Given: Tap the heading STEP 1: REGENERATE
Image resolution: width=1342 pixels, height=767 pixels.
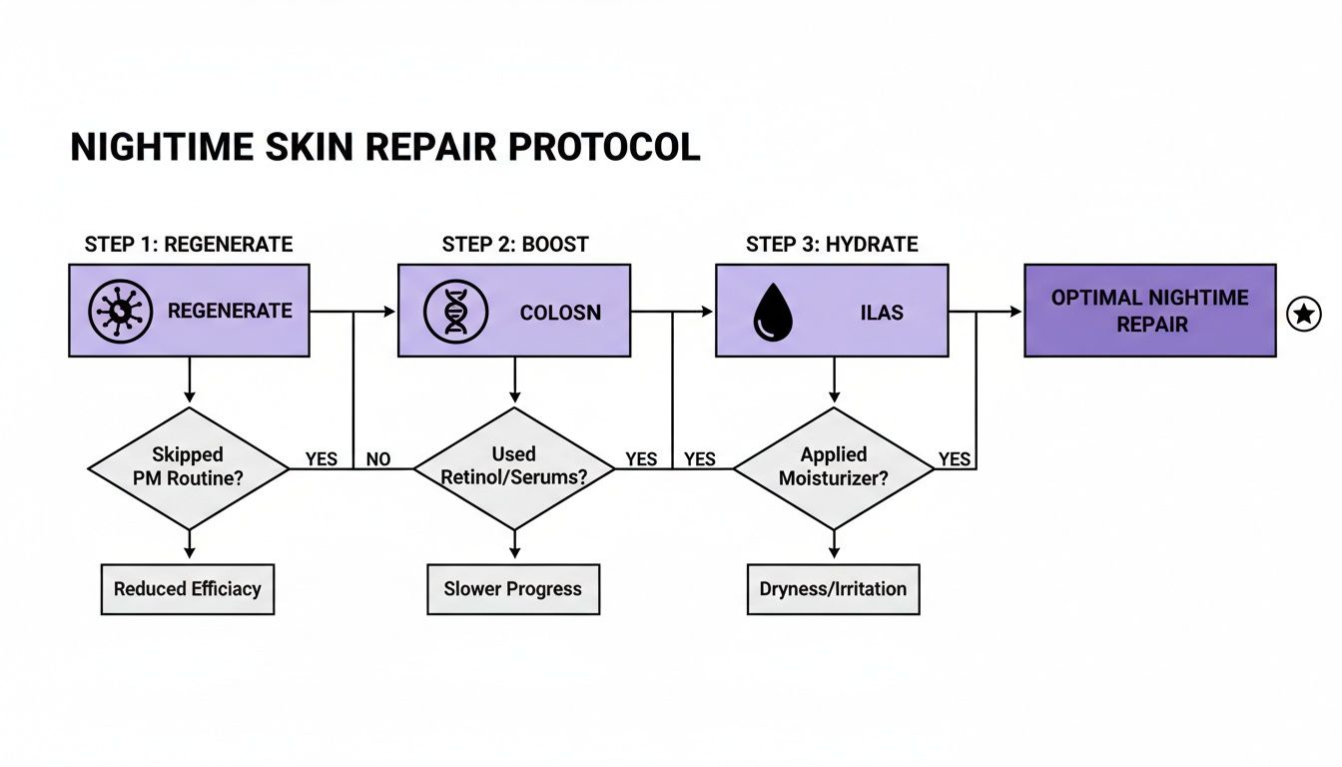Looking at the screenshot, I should (189, 245).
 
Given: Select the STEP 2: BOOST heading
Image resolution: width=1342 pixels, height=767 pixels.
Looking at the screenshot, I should (515, 245).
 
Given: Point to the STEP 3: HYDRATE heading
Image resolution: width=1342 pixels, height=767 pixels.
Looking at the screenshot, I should (832, 245).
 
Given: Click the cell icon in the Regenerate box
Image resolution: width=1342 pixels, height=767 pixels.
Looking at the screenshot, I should (120, 312).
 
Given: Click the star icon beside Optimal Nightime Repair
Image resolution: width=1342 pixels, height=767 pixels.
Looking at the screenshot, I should (1304, 314).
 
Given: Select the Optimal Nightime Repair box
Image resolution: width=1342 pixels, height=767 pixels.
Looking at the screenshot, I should (1149, 311).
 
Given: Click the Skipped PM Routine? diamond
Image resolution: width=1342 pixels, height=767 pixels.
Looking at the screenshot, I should (189, 467).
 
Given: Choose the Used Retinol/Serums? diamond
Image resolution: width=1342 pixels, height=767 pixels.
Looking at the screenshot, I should (514, 467).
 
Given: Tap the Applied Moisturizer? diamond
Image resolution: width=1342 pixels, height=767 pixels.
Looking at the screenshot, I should (834, 467).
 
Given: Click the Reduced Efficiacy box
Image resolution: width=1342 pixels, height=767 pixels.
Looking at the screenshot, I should (188, 588).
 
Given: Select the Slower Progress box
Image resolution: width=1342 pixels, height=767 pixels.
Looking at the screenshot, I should (513, 588).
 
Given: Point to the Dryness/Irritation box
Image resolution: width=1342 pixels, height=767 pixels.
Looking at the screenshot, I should (833, 588).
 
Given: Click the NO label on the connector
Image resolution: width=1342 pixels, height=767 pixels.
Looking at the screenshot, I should (378, 459).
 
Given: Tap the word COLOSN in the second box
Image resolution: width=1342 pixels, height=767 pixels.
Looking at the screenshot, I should (560, 313).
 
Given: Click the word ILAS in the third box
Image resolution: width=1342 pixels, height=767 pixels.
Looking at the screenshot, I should (882, 313).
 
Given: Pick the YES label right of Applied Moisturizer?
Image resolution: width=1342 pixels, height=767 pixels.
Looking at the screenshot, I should (955, 459).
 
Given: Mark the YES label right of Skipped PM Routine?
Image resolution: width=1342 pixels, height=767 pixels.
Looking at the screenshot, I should (322, 459).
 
